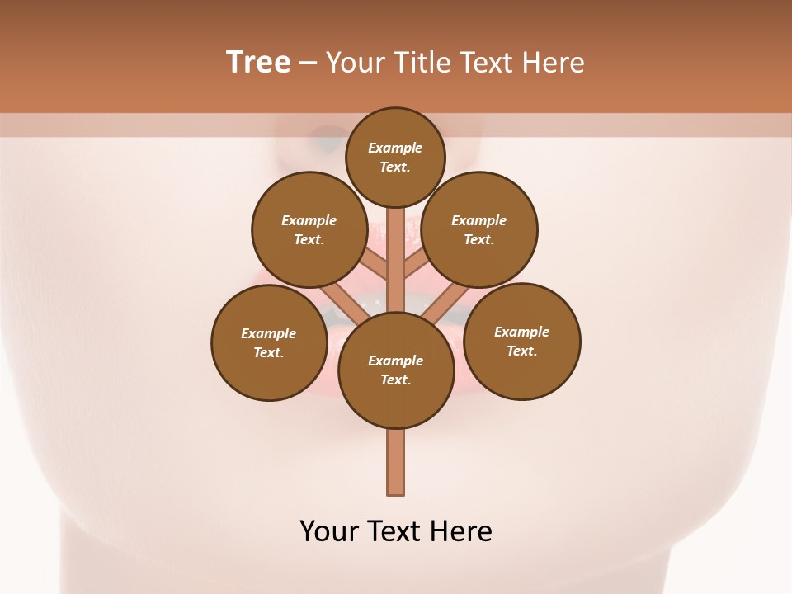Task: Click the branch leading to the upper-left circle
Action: [x=375, y=263]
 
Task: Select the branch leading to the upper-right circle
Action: [x=417, y=263]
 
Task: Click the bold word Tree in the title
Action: [x=258, y=62]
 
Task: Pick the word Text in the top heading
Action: [x=490, y=62]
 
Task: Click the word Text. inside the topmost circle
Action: [x=395, y=167]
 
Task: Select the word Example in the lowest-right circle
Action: [x=521, y=332]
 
